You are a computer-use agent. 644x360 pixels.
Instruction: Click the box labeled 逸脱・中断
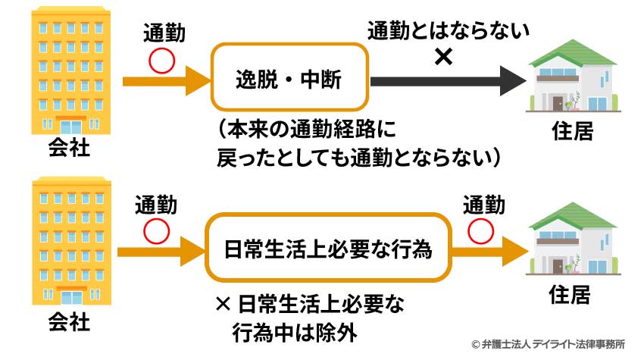tap(289, 78)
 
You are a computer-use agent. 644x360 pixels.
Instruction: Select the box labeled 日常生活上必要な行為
tap(329, 249)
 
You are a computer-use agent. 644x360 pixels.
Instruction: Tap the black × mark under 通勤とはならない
tap(444, 57)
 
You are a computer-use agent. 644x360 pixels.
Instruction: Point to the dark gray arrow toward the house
tap(447, 78)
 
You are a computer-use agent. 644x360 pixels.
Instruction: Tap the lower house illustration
tap(572, 243)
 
